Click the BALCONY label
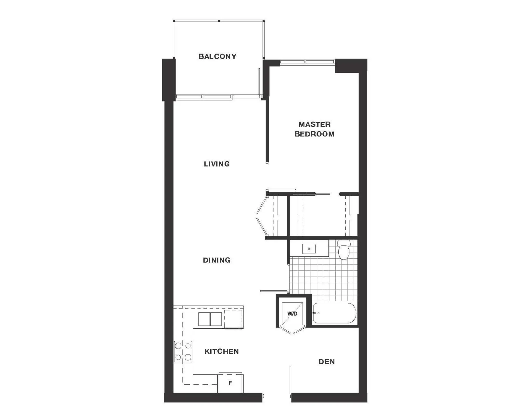(x=218, y=57)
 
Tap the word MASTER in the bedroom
(x=314, y=124)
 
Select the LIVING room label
(x=217, y=164)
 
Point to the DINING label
(x=217, y=260)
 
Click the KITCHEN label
(x=222, y=351)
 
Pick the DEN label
(x=327, y=362)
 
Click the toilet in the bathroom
(x=344, y=250)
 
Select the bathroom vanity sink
(x=309, y=249)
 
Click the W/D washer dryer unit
(x=292, y=313)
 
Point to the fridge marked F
(x=230, y=383)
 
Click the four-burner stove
(x=183, y=352)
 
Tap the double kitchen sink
(x=210, y=319)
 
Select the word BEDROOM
(x=314, y=134)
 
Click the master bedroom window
(x=307, y=62)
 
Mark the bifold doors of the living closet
(x=262, y=216)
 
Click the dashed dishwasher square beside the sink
(x=234, y=319)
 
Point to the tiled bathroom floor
(x=323, y=278)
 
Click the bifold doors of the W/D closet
(x=292, y=330)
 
